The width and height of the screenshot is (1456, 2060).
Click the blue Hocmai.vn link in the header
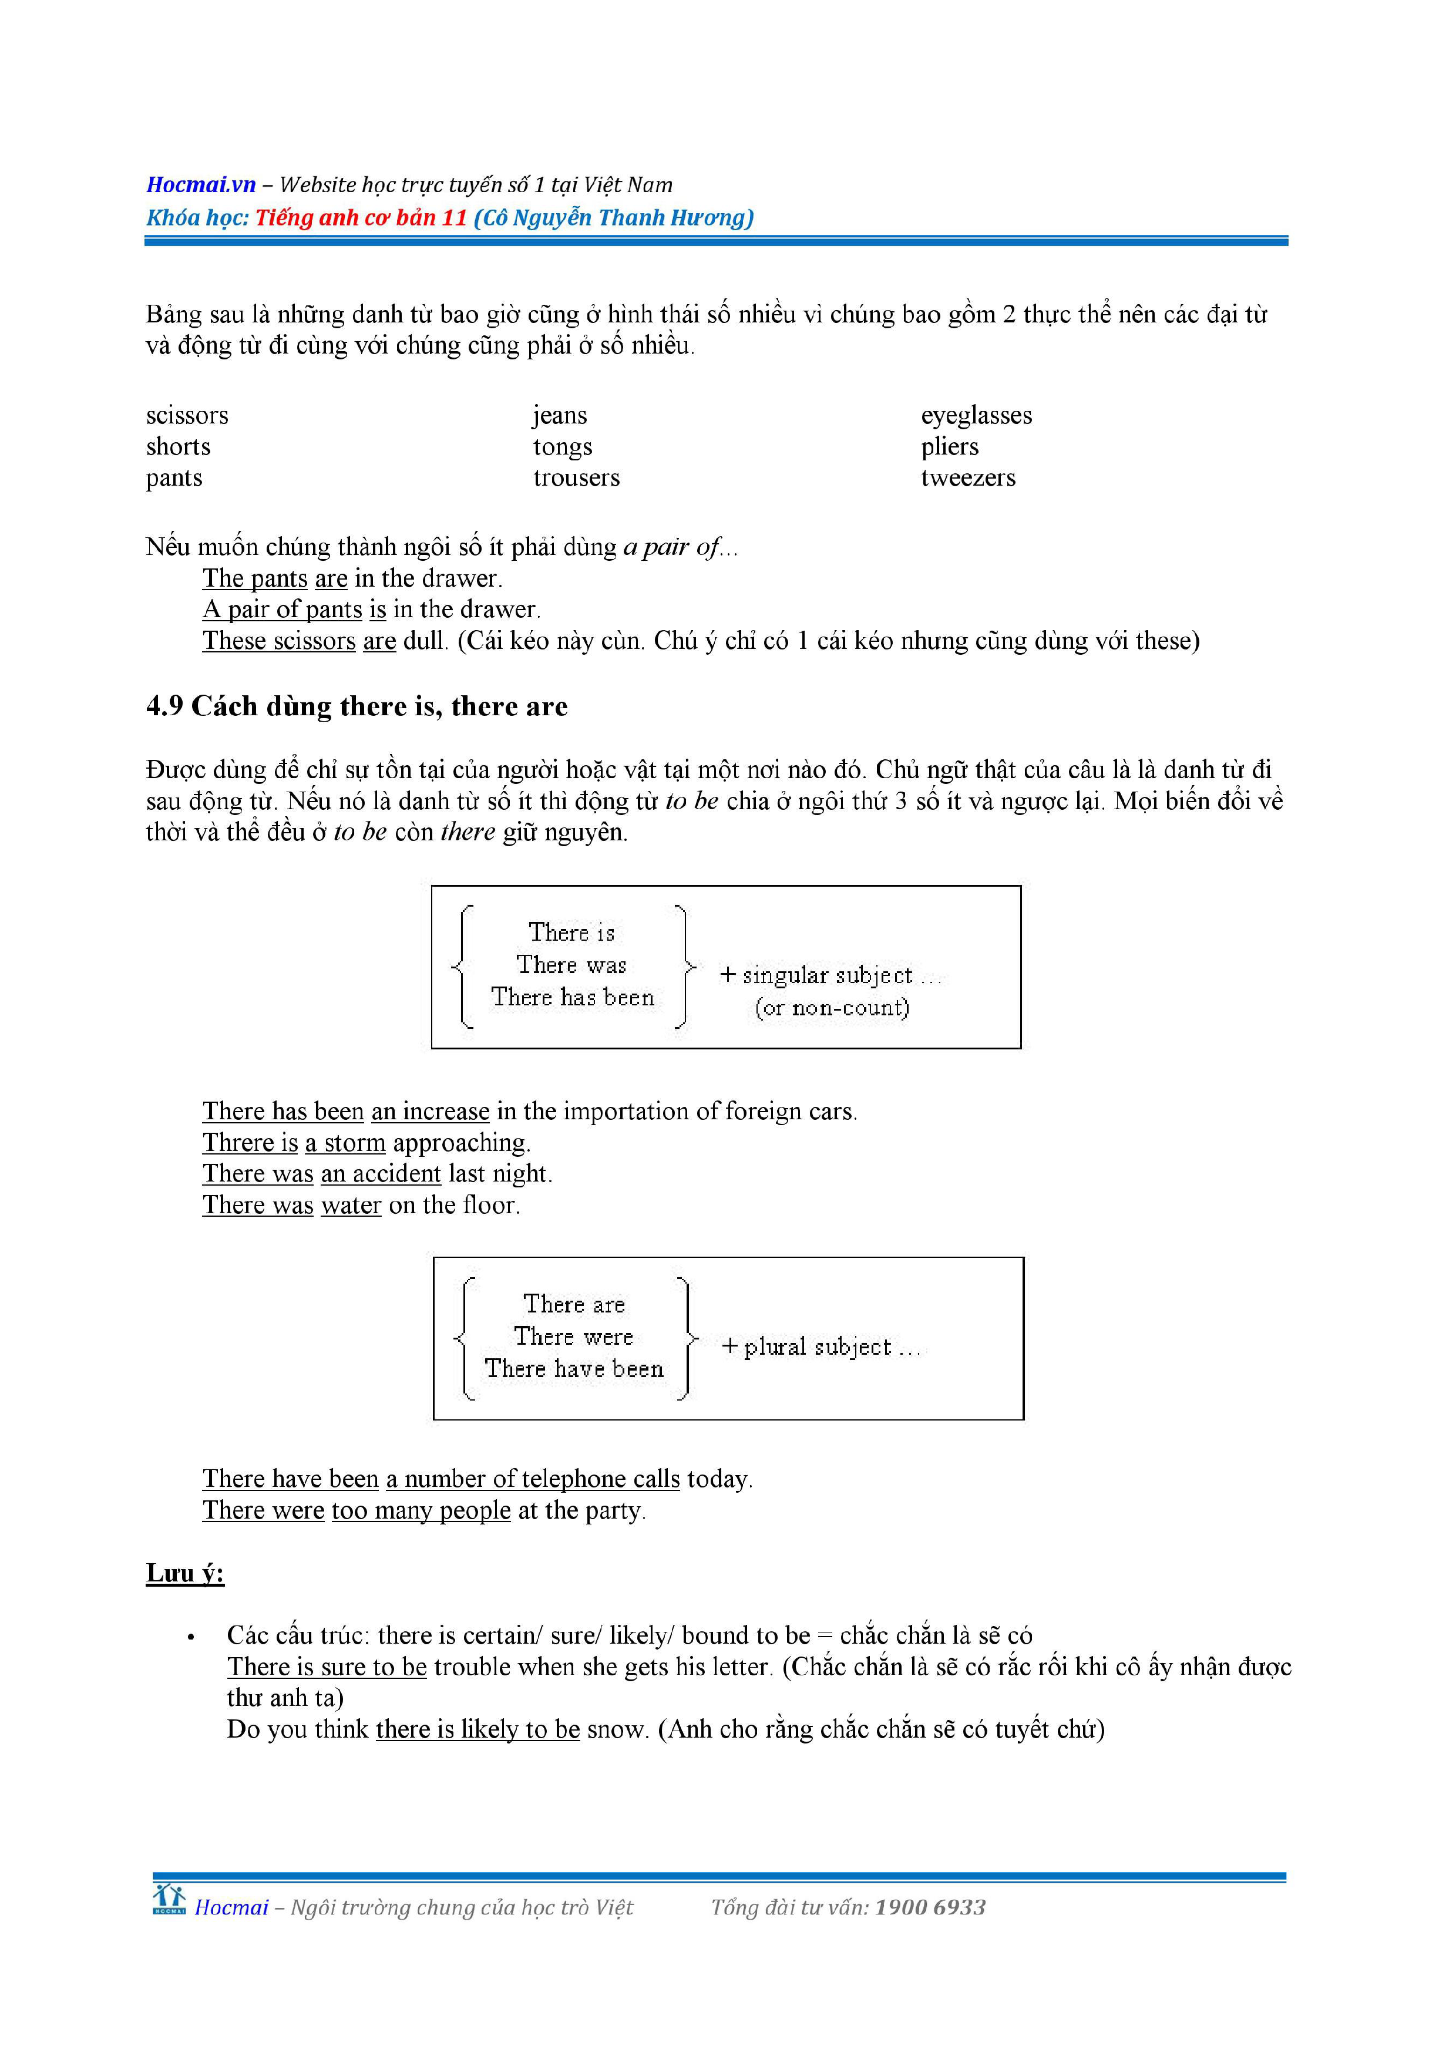201,185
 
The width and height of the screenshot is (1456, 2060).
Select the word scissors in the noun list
187,415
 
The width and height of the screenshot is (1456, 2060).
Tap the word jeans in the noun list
560,415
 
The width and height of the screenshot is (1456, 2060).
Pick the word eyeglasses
976,415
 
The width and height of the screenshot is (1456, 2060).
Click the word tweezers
968,478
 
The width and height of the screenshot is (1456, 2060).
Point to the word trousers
576,478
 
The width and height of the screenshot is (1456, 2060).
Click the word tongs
563,447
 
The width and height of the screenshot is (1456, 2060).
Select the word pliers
949,447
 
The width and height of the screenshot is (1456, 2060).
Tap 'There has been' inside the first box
572,998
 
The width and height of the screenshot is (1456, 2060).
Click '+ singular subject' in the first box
816,975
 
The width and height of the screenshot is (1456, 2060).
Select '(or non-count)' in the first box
832,1008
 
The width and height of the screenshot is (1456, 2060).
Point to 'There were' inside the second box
573,1337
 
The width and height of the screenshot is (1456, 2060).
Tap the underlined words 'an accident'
381,1174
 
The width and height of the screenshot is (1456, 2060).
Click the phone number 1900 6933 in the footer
930,1907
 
